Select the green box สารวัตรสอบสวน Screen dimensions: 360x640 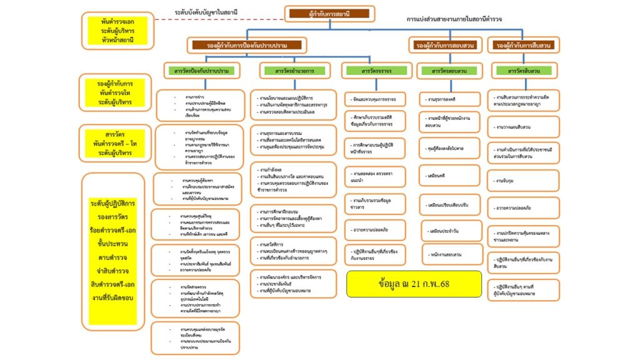[x=449, y=71]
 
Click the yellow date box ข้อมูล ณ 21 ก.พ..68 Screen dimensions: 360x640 [x=414, y=283]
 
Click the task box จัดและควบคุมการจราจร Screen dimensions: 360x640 [x=376, y=99]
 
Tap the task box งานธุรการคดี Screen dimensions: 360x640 [x=449, y=99]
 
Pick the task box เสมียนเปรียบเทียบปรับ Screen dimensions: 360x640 [x=449, y=204]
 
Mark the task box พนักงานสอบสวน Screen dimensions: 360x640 [x=449, y=254]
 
